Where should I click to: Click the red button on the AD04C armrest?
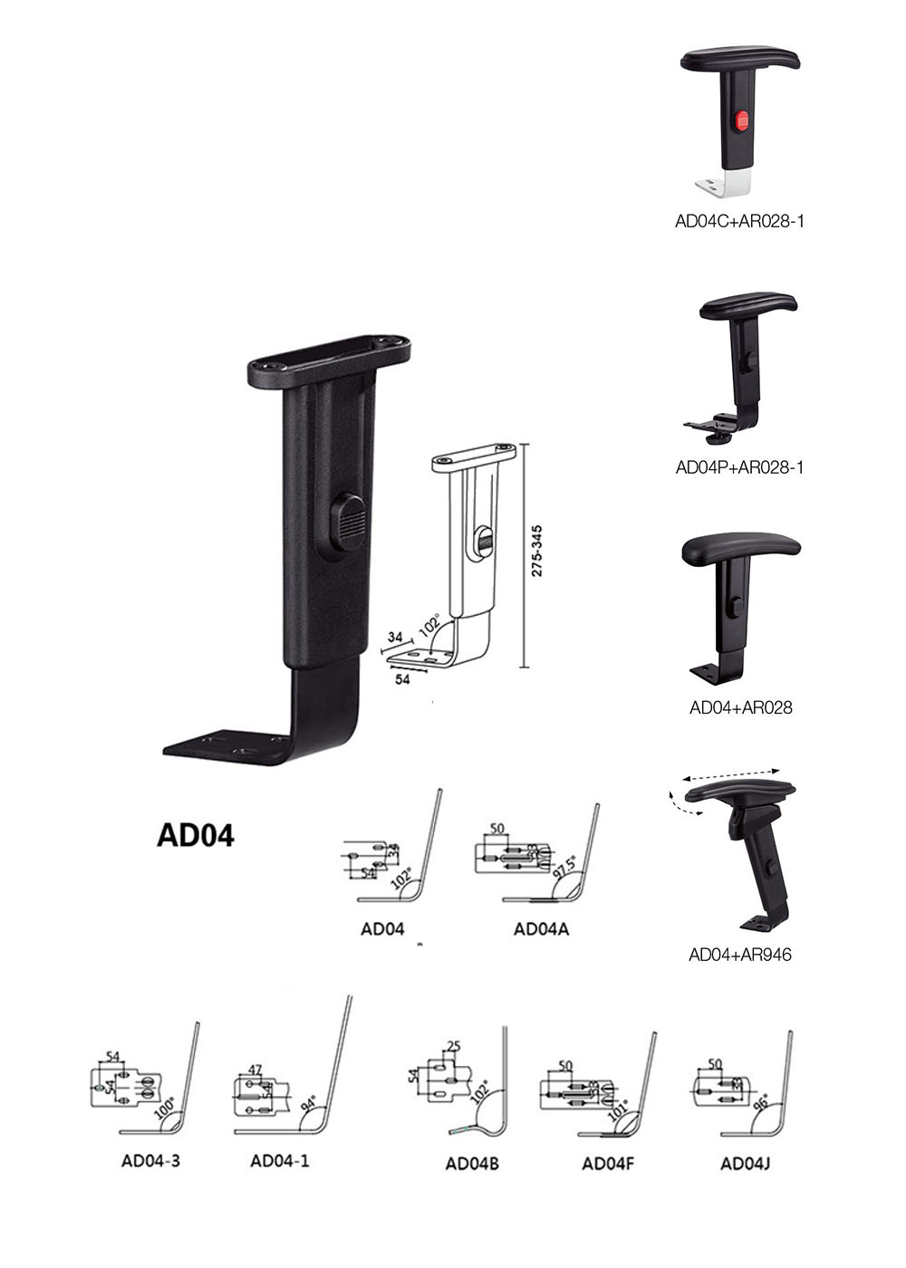740,120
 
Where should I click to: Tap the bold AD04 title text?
196,834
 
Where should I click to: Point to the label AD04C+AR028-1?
739,220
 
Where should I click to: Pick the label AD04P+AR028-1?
739,467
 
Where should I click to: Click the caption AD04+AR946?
740,954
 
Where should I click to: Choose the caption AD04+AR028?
740,707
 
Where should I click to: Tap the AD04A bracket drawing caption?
541,928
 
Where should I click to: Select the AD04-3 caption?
150,1160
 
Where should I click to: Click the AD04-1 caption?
279,1160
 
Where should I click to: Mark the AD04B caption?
472,1164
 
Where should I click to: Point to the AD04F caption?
607,1164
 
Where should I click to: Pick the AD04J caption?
745,1164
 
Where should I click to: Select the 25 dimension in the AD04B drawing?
454,1047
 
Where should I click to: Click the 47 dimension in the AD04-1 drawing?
255,1070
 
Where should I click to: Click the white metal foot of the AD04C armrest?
725,184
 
